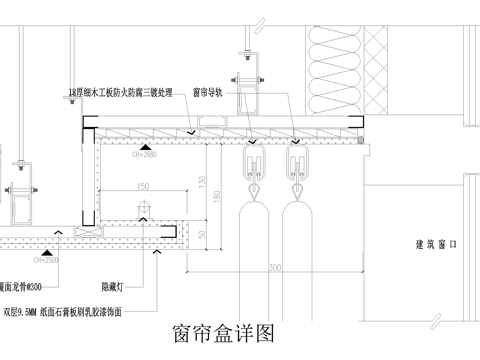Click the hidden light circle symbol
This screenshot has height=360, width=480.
click(143, 208)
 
